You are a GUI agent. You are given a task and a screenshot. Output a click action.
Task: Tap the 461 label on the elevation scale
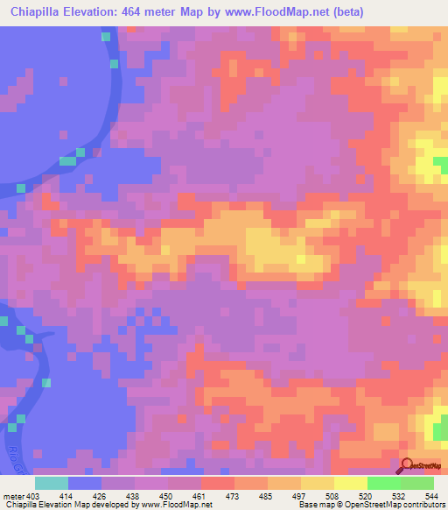coord(199,498)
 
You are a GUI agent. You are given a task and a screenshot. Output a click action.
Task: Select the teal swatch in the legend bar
coord(51,483)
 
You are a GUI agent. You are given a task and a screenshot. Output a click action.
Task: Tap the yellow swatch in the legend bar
coord(350,483)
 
